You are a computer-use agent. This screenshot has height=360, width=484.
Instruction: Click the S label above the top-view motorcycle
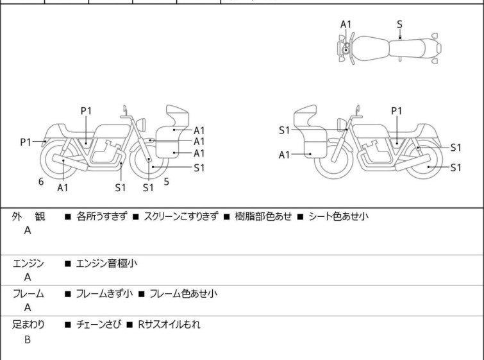pyautogui.click(x=399, y=24)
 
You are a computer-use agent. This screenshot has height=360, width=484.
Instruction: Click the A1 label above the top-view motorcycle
pyautogui.click(x=346, y=24)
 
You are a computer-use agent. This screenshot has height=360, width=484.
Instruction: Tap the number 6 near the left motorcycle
pyautogui.click(x=41, y=182)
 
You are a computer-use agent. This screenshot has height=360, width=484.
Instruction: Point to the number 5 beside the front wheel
pyautogui.click(x=166, y=182)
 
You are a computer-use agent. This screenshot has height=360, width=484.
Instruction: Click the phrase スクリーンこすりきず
pyautogui.click(x=181, y=217)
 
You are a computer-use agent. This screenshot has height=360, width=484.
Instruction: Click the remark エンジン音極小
pyautogui.click(x=106, y=262)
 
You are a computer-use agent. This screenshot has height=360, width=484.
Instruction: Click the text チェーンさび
pyautogui.click(x=98, y=325)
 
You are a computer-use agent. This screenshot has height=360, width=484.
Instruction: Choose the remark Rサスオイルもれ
pyautogui.click(x=169, y=325)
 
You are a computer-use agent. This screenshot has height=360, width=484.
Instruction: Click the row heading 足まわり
pyautogui.click(x=28, y=325)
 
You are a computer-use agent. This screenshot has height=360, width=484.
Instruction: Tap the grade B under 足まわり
pyautogui.click(x=28, y=339)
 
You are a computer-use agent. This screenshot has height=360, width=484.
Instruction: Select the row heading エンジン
pyautogui.click(x=28, y=262)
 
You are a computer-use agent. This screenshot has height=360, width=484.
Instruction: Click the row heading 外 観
pyautogui.click(x=28, y=217)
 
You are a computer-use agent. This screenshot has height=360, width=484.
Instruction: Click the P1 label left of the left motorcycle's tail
pyautogui.click(x=26, y=142)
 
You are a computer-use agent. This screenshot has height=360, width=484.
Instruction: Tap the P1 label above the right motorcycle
pyautogui.click(x=397, y=110)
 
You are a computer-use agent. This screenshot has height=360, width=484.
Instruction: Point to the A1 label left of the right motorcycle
pyautogui.click(x=285, y=155)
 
